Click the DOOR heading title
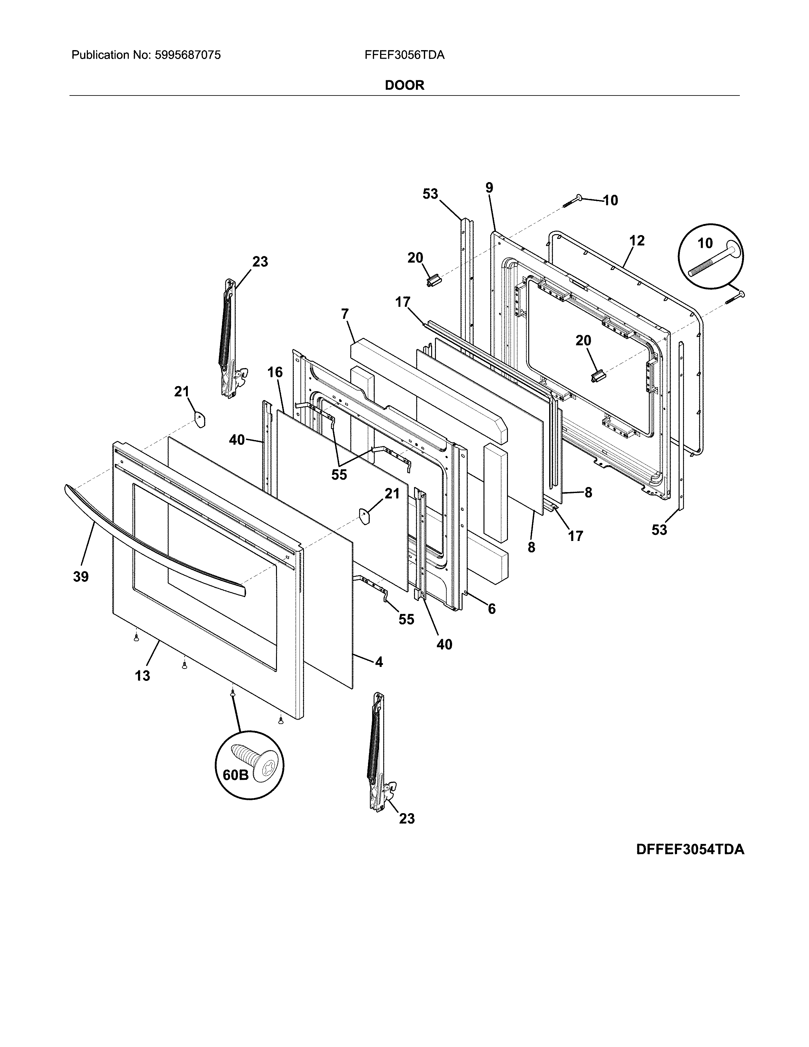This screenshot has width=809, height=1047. [404, 85]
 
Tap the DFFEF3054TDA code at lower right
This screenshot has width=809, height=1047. [690, 849]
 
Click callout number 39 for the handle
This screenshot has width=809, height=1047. [81, 577]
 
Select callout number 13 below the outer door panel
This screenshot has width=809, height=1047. [142, 676]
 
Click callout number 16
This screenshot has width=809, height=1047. [275, 372]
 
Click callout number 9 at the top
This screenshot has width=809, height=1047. [489, 188]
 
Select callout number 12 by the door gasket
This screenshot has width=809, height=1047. [637, 241]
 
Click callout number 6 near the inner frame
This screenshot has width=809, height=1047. [491, 609]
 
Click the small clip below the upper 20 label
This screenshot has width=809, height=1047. [433, 279]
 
